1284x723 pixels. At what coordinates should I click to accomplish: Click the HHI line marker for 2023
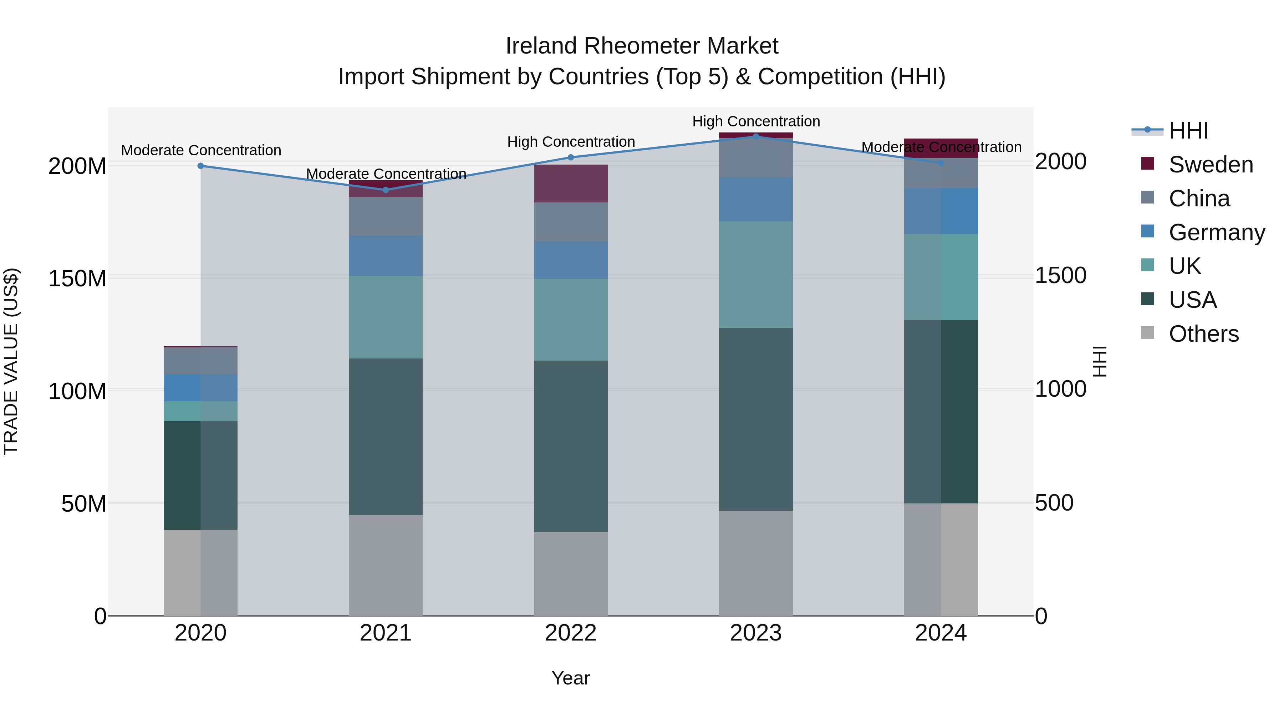click(756, 136)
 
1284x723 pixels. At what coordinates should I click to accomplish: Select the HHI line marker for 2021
click(385, 190)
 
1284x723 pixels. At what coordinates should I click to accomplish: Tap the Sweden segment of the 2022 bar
click(571, 183)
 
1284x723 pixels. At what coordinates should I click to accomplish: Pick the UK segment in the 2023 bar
click(756, 275)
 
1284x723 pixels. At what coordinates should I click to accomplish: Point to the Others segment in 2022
click(571, 573)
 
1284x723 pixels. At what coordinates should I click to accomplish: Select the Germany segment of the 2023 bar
click(756, 199)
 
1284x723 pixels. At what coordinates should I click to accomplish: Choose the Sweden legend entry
click(1210, 165)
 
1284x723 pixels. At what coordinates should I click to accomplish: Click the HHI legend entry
click(1188, 131)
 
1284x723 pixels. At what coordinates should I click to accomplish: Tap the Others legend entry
click(1203, 334)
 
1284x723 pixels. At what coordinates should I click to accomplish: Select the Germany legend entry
click(1216, 232)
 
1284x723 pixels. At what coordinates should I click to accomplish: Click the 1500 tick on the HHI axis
click(1061, 275)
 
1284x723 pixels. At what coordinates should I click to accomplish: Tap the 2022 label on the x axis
click(571, 633)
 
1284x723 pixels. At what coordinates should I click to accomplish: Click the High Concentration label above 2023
click(756, 121)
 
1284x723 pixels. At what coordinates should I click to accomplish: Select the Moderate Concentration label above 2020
click(201, 150)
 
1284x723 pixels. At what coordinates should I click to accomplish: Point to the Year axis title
click(571, 678)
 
